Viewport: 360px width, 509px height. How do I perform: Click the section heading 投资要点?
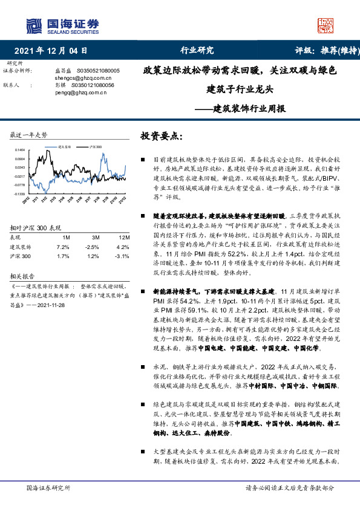[x=160, y=136]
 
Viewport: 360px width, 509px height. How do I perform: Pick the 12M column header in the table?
[x=120, y=237]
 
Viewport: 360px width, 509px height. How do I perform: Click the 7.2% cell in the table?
[x=63, y=247]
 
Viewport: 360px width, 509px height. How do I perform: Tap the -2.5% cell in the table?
[x=92, y=247]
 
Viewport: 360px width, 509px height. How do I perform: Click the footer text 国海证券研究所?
[x=45, y=487]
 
